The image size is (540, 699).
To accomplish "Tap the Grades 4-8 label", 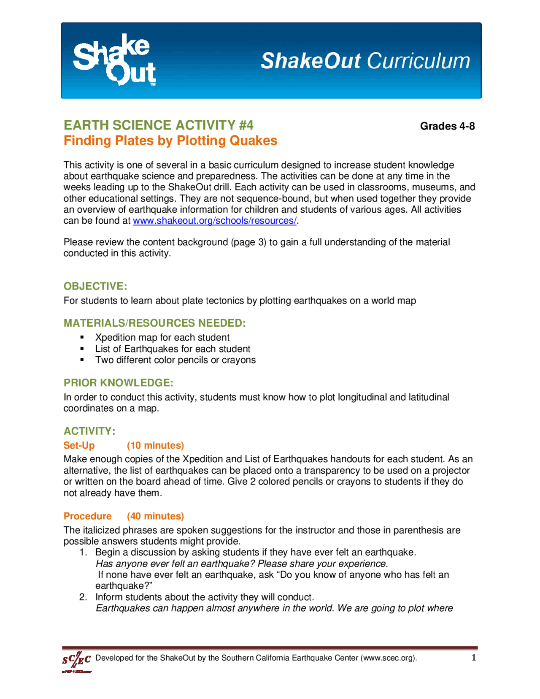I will click(447, 126).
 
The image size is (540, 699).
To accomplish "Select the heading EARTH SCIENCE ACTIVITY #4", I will click(159, 125).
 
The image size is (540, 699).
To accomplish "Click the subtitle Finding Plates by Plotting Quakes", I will click(170, 141).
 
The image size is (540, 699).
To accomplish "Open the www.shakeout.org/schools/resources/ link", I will click(215, 221).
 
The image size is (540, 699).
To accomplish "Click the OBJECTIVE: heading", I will click(95, 286).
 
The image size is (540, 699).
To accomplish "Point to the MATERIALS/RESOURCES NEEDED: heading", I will click(154, 323).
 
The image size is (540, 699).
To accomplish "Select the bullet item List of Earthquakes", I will click(173, 349).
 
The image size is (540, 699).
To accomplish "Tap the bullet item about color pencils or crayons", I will click(175, 360).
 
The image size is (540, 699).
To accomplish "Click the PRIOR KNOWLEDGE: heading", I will click(119, 383).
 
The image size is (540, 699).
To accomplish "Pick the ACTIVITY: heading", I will click(89, 431).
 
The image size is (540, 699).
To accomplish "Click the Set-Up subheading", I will click(79, 445).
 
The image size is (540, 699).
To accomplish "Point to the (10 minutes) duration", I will click(155, 445).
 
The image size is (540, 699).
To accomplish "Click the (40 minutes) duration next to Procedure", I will click(155, 516).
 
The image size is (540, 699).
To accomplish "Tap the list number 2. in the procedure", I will click(83, 597).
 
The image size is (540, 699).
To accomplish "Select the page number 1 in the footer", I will click(474, 657).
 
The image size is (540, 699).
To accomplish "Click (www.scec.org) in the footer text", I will click(389, 658).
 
